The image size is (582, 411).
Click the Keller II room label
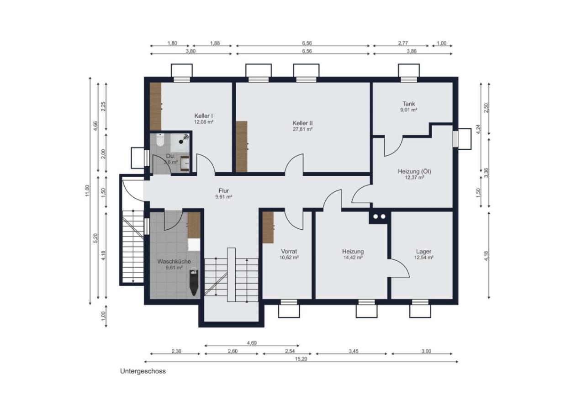(x=302, y=123)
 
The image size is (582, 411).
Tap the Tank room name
(x=409, y=104)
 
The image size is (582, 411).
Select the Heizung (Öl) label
(x=414, y=171)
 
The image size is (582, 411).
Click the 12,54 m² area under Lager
(x=423, y=258)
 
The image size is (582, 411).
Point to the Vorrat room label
(x=289, y=252)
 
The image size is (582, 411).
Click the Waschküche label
(x=174, y=261)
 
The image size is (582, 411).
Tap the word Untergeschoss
(x=143, y=371)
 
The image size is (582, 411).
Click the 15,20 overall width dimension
(x=301, y=359)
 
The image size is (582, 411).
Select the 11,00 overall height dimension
(x=87, y=191)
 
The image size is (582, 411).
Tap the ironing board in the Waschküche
(x=194, y=282)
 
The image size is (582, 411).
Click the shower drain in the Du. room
(x=181, y=142)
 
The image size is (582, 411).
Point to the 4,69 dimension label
(x=252, y=343)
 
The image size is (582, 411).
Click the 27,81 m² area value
(x=302, y=129)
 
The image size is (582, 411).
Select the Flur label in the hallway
(x=224, y=191)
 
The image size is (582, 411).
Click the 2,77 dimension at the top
(x=403, y=43)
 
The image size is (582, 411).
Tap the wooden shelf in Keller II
(x=242, y=146)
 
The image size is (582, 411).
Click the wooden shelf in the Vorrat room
(x=268, y=227)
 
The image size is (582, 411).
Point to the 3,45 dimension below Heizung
(x=354, y=351)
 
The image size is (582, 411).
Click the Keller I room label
(x=204, y=116)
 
